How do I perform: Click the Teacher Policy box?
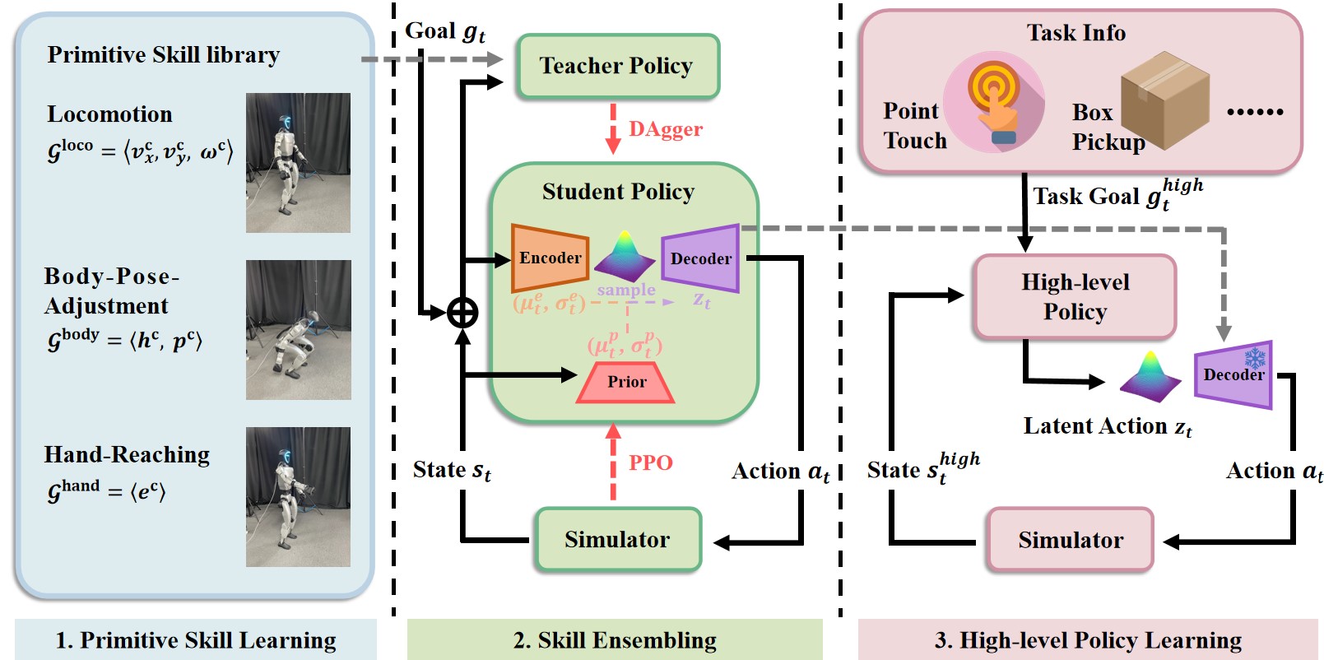617,66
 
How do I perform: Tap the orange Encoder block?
550,258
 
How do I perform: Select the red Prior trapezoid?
626,382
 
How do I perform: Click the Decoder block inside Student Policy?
701,258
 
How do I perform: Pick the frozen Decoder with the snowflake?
1233,375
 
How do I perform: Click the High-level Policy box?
1075,297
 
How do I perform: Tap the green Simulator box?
617,540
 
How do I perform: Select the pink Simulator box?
1070,540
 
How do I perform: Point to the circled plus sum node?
462,313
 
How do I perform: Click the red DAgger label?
665,129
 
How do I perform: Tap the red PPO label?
650,462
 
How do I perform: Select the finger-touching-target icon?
994,103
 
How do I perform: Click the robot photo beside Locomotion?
298,163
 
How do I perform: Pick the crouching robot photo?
298,330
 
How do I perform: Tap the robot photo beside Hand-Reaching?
298,497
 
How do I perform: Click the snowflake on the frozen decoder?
1255,358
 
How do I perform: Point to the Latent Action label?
1107,426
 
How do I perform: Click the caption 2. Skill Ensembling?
615,640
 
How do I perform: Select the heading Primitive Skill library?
163,54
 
